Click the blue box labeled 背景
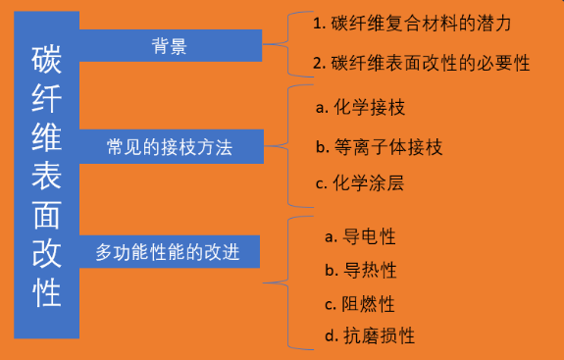(169, 45)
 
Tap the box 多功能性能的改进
(169, 251)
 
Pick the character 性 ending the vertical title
(45, 292)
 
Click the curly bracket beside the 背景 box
(276, 43)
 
